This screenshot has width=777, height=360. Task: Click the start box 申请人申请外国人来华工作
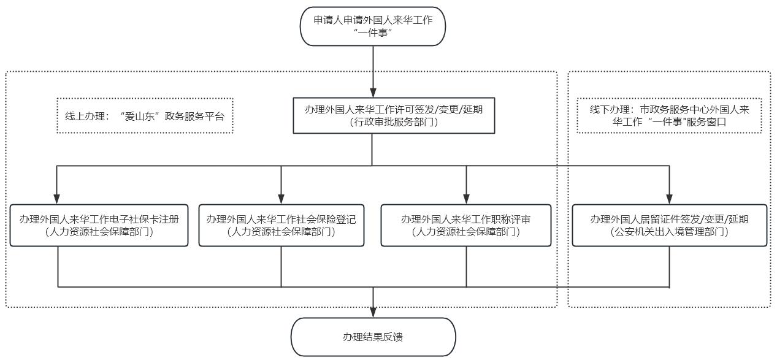[373, 26]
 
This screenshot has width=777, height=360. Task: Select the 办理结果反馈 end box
[373, 337]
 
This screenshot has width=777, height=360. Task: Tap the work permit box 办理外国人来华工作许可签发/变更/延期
[394, 115]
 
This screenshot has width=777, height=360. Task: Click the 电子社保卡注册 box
[99, 226]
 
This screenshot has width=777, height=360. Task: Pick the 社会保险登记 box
[281, 226]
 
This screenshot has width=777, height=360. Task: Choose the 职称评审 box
[466, 226]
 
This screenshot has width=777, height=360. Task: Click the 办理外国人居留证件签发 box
[670, 226]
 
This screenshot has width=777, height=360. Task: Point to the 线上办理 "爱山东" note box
[145, 115]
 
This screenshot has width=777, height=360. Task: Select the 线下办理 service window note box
[670, 115]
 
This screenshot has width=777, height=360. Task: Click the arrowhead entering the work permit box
[373, 93]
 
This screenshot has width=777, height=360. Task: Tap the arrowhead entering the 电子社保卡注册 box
[57, 199]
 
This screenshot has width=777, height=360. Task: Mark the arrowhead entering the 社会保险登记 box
[281, 199]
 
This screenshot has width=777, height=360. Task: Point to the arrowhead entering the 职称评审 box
[466, 199]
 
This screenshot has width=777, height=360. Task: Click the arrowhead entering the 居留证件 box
[670, 199]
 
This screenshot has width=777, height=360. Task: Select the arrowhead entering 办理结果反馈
[373, 313]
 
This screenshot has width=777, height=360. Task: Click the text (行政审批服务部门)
[394, 122]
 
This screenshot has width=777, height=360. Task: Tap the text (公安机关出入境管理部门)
[670, 232]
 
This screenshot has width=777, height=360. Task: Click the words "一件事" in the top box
[373, 33]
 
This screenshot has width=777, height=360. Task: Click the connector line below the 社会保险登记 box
[281, 267]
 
